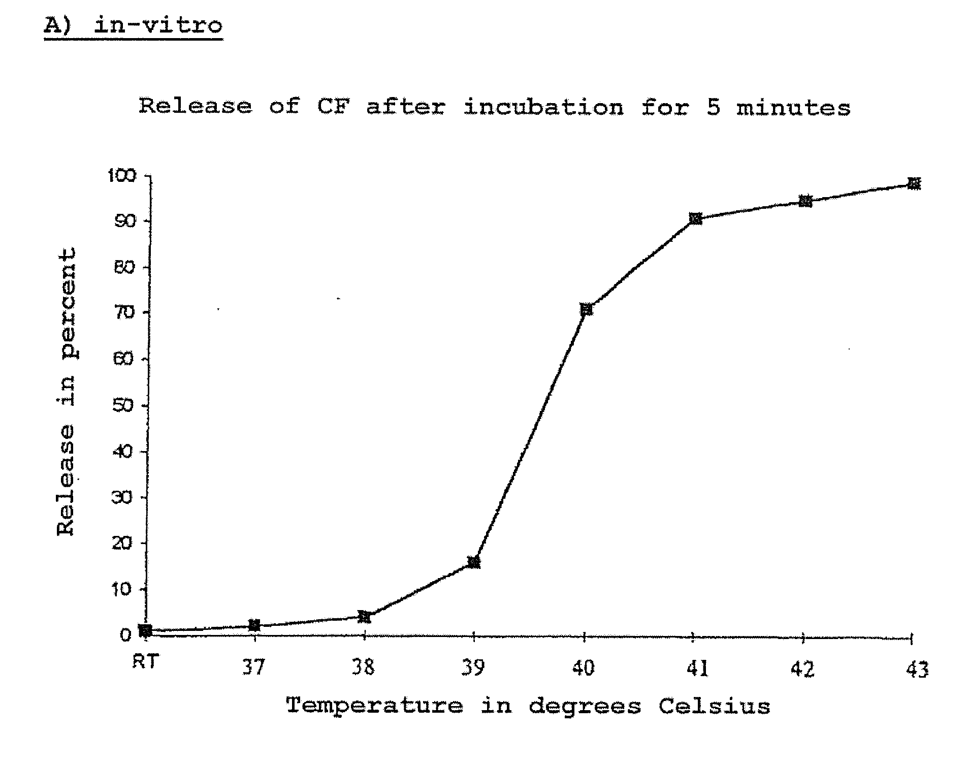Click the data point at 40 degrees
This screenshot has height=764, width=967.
pos(586,309)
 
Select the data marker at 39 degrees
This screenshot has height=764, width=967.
pos(474,562)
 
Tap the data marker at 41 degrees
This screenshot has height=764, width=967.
pos(696,218)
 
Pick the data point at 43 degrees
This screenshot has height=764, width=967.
pos(914,183)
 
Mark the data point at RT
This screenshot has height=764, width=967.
pos(145,630)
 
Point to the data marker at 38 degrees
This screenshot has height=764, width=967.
pos(364,617)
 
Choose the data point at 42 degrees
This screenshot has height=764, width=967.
pos(805,201)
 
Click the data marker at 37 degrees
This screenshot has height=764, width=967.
pos(254,625)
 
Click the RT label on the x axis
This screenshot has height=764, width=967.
pos(145,662)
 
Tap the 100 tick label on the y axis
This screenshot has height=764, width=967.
pos(121,176)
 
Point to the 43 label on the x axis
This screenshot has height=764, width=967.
pos(917,670)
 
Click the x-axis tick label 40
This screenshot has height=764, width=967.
pos(584,668)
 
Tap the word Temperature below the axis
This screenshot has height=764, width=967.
pos(374,706)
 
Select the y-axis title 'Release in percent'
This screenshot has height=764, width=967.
pos(67,391)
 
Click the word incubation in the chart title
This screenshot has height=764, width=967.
pos(543,108)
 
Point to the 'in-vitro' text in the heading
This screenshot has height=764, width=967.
pos(158,25)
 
